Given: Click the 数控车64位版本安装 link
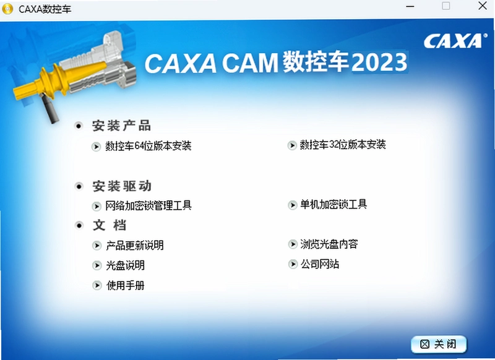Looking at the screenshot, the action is click(x=148, y=146).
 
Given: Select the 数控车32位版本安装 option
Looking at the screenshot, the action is click(x=343, y=145).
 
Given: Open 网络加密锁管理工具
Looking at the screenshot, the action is click(x=148, y=206).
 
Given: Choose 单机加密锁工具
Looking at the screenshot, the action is click(x=334, y=205).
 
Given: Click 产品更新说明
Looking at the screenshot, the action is click(x=135, y=246).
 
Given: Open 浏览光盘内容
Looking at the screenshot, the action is click(x=329, y=244).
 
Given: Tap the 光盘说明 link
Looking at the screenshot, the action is click(x=126, y=265).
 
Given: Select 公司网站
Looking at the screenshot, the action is click(x=320, y=264).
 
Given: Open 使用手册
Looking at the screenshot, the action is click(x=126, y=285).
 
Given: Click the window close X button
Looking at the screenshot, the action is click(x=483, y=6).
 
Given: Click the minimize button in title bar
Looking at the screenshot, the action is click(x=410, y=6).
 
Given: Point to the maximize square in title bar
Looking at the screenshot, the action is click(x=445, y=6).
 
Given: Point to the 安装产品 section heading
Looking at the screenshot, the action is click(x=121, y=126).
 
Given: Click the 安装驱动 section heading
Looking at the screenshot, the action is click(x=122, y=186).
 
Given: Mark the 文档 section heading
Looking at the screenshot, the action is click(x=110, y=225).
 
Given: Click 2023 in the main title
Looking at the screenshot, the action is click(x=379, y=62).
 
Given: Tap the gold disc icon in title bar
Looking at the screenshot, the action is click(x=7, y=9).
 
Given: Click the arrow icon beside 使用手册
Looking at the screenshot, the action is click(x=97, y=286).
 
